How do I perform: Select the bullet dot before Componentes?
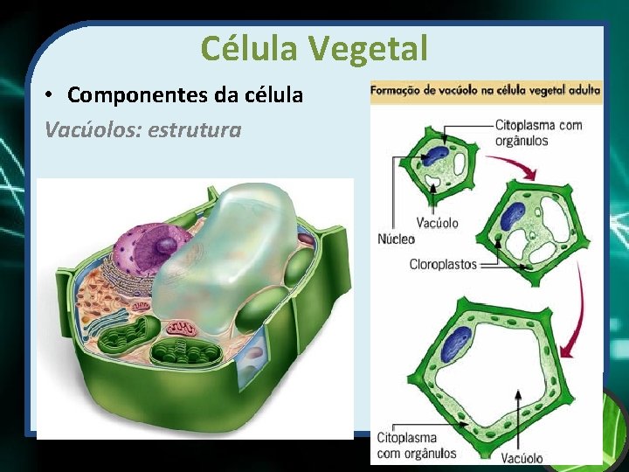pos(52,95)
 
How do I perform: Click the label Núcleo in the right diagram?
pos(396,239)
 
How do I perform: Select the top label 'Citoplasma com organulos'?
pos(538,132)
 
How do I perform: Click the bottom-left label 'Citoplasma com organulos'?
pos(417,444)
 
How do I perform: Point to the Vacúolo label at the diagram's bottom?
pos(522,457)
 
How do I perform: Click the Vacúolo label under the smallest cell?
pos(437,223)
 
